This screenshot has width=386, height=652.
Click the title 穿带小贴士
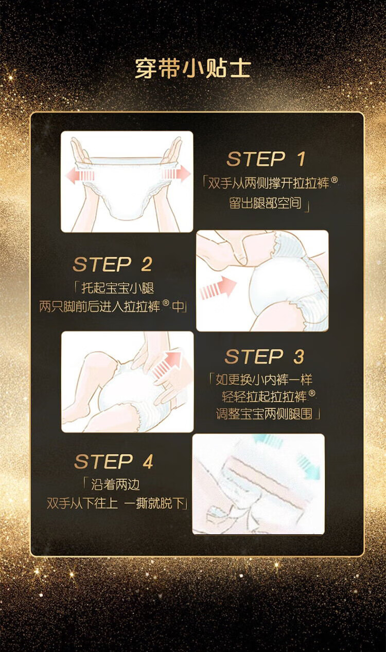(192, 69)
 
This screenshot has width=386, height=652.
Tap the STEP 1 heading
(266, 159)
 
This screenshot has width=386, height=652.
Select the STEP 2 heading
(112, 264)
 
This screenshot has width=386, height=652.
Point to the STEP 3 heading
(265, 356)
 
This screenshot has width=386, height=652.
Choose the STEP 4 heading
(114, 462)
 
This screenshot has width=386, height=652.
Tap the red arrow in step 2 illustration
(218, 288)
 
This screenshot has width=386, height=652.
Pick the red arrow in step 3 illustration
(167, 365)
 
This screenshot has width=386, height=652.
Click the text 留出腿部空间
(265, 203)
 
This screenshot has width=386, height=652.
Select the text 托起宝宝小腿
(118, 288)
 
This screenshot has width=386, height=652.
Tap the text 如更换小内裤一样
(264, 380)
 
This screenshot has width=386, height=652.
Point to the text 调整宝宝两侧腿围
(264, 413)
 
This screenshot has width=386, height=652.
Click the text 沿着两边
(115, 485)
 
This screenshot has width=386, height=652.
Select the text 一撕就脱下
(154, 503)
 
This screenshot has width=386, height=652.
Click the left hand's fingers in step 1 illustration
(78, 149)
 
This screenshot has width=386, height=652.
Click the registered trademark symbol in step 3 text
(312, 393)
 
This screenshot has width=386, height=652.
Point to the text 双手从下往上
(82, 503)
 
